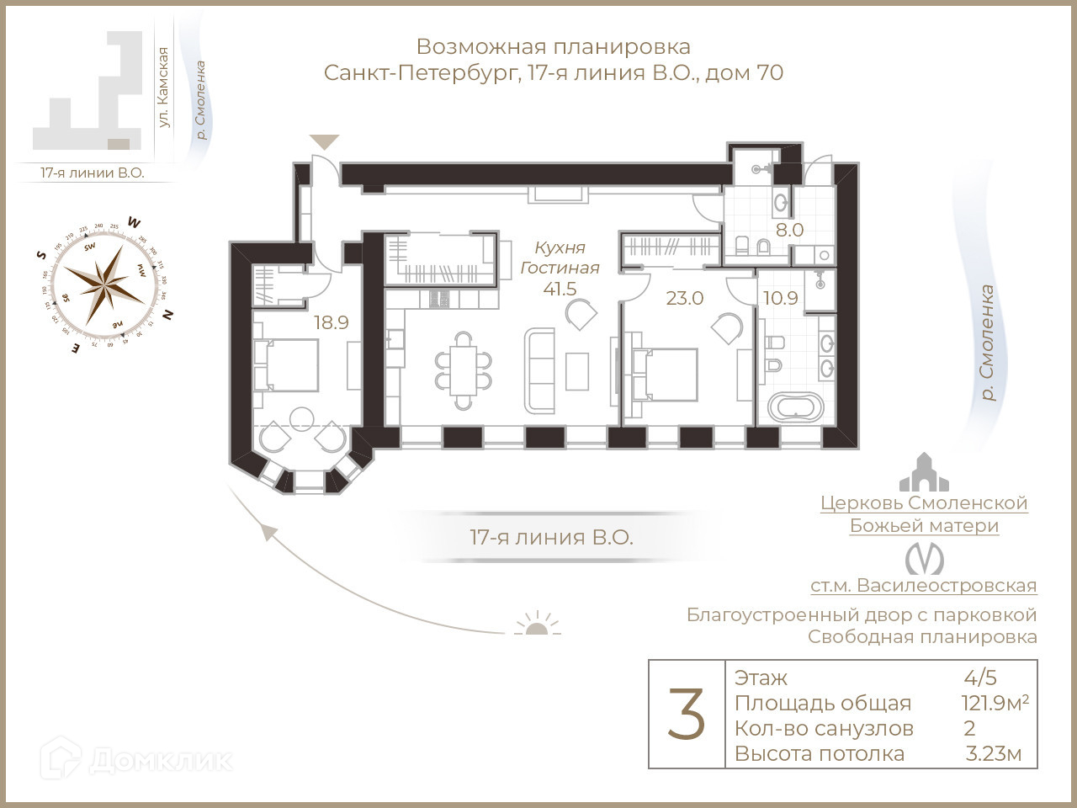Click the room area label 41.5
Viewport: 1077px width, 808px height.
click(x=560, y=290)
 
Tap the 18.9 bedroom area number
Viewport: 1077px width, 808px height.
click(x=331, y=322)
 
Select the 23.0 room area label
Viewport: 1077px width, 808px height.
click(x=684, y=298)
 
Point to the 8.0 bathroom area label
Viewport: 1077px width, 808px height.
click(x=789, y=230)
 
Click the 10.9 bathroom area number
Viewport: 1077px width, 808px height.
click(x=780, y=298)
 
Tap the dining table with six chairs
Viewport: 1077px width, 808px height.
click(x=462, y=369)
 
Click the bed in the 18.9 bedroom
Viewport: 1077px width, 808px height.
click(x=287, y=364)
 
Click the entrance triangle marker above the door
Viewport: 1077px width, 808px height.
click(x=324, y=141)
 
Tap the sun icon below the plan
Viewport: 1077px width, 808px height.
click(x=537, y=625)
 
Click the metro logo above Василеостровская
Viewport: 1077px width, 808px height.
click(x=923, y=559)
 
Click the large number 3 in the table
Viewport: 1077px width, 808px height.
click(x=686, y=715)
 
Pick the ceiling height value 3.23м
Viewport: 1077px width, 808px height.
click(x=993, y=753)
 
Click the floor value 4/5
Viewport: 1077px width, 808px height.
click(x=980, y=678)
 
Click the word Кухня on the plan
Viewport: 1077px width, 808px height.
click(x=560, y=247)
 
